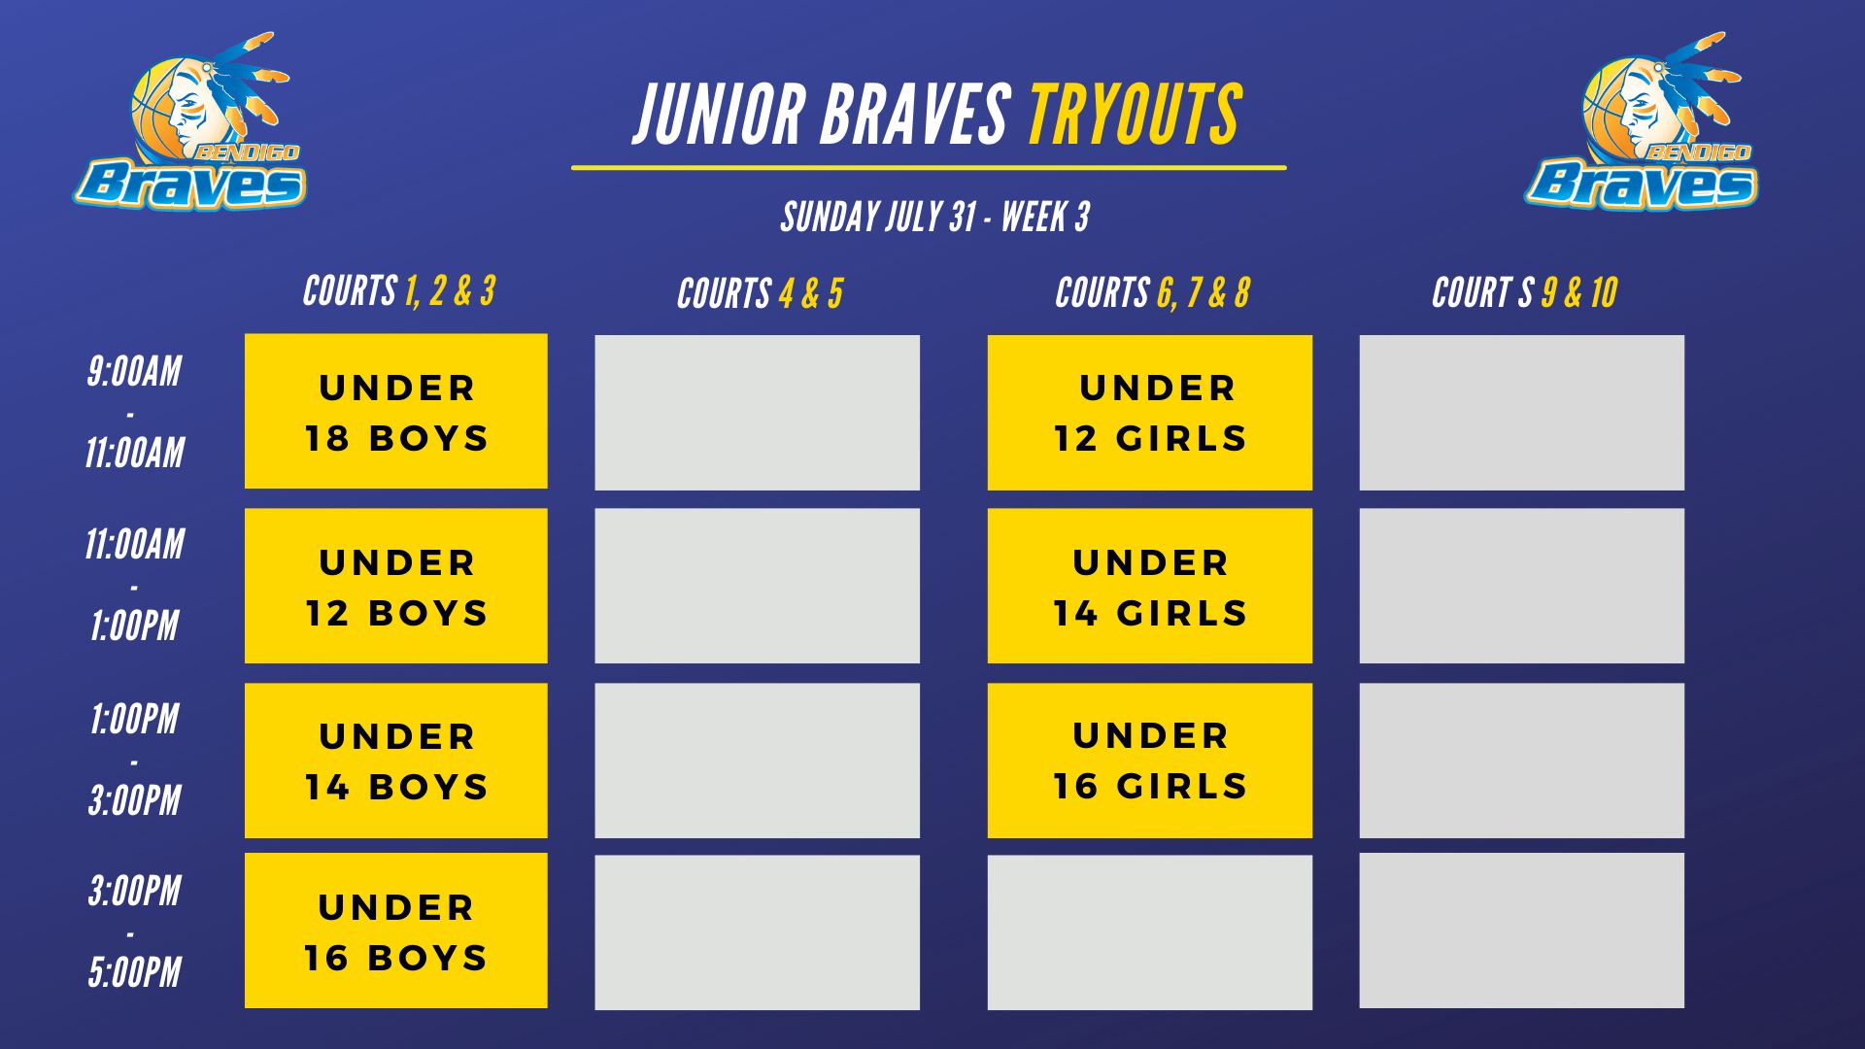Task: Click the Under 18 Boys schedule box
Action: tap(396, 411)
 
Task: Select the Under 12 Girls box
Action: tap(1150, 413)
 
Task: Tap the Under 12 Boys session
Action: tap(396, 586)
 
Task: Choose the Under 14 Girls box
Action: tap(1150, 586)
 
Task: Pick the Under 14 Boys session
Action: tap(396, 761)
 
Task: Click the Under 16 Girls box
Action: tap(1150, 761)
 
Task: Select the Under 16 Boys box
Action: tap(396, 931)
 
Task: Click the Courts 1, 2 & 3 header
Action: tap(399, 291)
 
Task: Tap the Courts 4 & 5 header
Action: tap(761, 293)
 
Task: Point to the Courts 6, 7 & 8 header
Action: tap(1153, 292)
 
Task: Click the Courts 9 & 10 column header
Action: tap(1525, 292)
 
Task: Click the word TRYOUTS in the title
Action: tap(1136, 115)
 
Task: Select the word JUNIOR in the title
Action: tap(720, 115)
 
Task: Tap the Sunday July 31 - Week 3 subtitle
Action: tap(935, 217)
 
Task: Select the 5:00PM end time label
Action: tap(135, 972)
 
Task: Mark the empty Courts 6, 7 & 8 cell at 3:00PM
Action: tap(1150, 932)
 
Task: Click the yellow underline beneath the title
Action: tap(929, 168)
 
